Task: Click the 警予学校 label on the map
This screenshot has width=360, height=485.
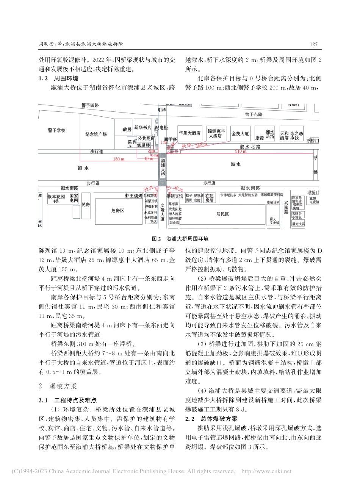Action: [x=56, y=130]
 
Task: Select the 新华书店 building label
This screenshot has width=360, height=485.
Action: [x=142, y=128]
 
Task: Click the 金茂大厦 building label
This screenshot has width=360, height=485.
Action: [x=241, y=133]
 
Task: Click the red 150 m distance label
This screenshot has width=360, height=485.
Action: [x=118, y=159]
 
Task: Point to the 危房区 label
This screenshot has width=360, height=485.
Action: [x=117, y=210]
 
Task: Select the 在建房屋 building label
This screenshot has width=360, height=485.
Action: [x=210, y=198]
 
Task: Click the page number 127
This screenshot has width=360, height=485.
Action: [x=313, y=44]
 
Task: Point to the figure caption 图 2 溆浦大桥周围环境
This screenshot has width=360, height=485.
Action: [x=180, y=239]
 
